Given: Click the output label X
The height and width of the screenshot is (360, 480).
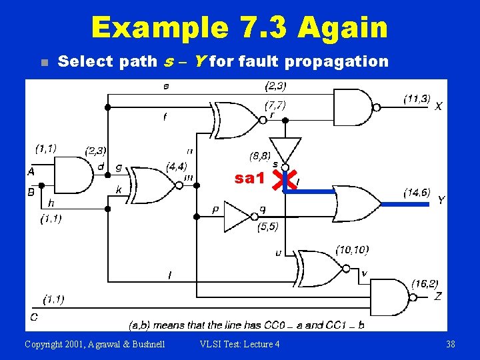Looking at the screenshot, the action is (438, 106).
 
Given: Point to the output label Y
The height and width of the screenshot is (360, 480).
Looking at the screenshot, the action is (441, 200).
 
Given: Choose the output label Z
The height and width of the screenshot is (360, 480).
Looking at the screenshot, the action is (437, 296).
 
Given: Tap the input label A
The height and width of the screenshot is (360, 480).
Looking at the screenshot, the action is (31, 172).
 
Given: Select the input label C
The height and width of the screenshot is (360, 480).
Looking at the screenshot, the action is (33, 317).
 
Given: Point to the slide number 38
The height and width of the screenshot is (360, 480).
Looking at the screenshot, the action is (451, 344).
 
